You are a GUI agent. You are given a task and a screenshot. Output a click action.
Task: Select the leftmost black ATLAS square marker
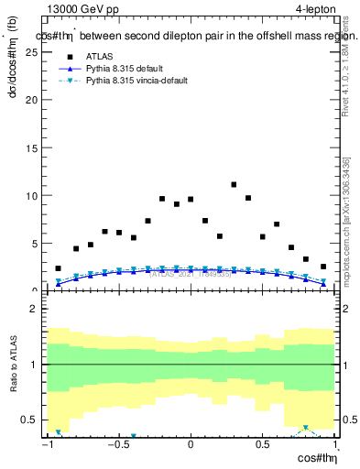click(x=59, y=268)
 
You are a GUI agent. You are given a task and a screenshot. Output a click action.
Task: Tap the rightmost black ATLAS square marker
click(x=323, y=267)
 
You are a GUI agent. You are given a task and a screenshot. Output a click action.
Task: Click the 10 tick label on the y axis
click(x=34, y=195)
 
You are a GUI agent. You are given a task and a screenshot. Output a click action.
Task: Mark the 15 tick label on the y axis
click(x=34, y=147)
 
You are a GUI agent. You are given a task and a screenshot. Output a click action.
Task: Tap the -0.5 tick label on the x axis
click(x=118, y=445)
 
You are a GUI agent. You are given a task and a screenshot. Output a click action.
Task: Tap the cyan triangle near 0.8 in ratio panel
click(x=305, y=428)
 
